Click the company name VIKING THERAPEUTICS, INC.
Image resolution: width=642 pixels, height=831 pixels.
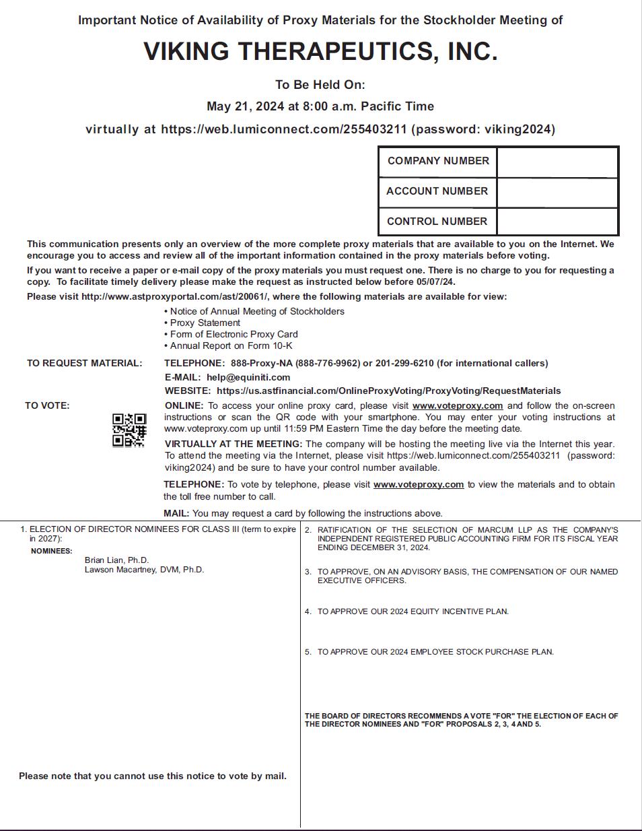pyautogui.click(x=320, y=52)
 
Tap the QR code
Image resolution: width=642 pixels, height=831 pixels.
pyautogui.click(x=129, y=430)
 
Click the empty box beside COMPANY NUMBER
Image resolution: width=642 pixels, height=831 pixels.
pyautogui.click(x=557, y=162)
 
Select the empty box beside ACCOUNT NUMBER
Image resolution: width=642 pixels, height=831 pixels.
pyautogui.click(x=557, y=193)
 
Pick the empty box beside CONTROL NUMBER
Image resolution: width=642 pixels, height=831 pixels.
pyautogui.click(x=557, y=222)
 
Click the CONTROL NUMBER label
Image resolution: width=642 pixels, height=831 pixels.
pyautogui.click(x=437, y=222)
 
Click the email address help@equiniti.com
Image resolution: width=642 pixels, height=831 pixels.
pyautogui.click(x=248, y=377)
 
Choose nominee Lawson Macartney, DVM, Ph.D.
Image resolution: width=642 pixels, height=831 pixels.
pyautogui.click(x=144, y=570)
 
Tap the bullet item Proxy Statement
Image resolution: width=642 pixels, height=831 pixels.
pyautogui.click(x=205, y=323)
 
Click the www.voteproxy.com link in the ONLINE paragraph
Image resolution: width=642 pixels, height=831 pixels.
pyautogui.click(x=458, y=405)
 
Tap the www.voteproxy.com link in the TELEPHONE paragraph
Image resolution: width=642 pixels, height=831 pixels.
pyautogui.click(x=419, y=484)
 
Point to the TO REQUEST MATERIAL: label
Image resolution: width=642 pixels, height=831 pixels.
pyautogui.click(x=85, y=363)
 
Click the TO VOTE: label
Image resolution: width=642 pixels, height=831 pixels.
pyautogui.click(x=47, y=405)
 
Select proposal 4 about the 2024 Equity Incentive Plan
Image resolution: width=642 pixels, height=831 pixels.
pyautogui.click(x=413, y=611)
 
